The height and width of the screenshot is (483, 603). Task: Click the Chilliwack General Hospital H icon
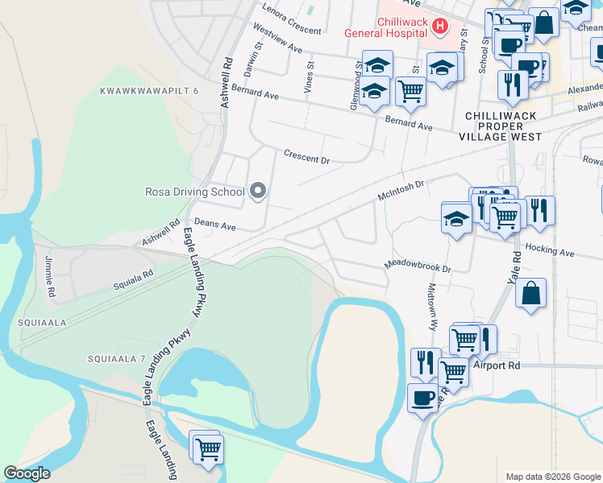439,27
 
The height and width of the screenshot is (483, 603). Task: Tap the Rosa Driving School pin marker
258,191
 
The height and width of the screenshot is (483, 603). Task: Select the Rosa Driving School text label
194,192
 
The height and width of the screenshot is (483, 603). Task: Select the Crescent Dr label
306,156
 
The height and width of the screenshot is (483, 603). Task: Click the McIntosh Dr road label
401,192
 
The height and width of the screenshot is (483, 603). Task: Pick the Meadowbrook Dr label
417,266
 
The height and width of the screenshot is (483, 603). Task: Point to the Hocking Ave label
549,250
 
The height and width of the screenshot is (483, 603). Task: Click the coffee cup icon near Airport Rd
423,397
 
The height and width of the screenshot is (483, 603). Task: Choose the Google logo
27,473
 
